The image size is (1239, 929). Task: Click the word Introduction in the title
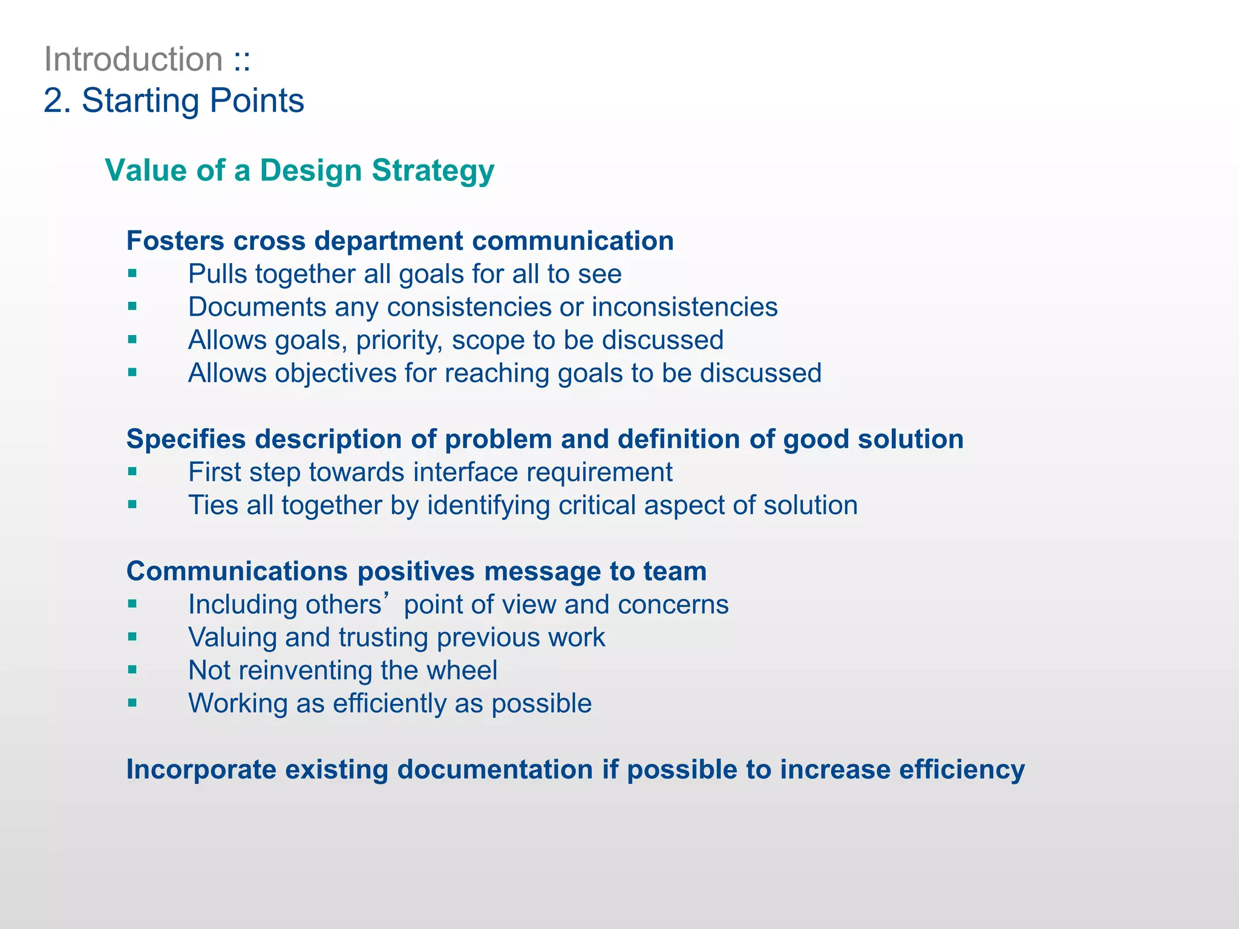(x=134, y=60)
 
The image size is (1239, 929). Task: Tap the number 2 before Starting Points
(x=53, y=101)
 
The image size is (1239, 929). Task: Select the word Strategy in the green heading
(x=433, y=171)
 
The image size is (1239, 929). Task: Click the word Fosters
(x=175, y=241)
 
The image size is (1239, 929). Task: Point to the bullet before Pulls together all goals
(x=132, y=274)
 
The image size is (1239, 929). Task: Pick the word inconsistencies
(x=684, y=307)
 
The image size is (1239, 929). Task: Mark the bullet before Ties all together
(x=132, y=505)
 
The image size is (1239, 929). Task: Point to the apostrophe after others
(x=394, y=599)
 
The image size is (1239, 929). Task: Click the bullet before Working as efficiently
(x=132, y=703)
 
